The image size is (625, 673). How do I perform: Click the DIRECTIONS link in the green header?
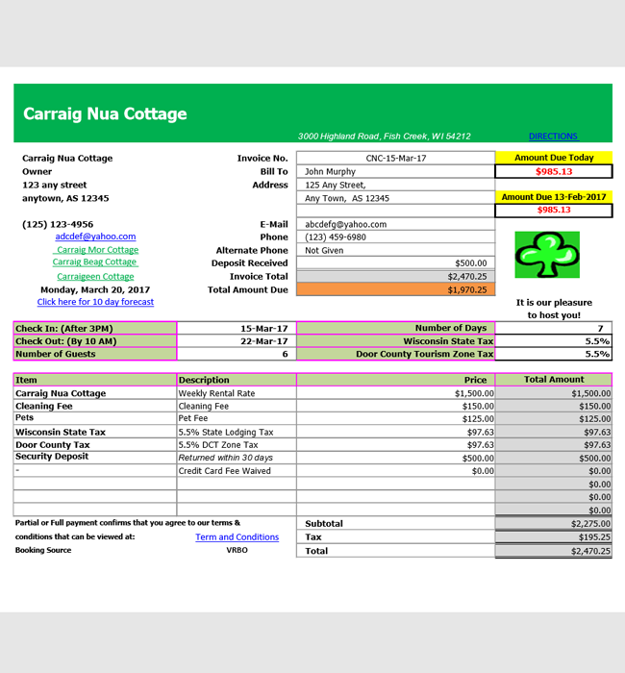coord(553,137)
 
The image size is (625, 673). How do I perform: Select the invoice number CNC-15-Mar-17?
coord(395,159)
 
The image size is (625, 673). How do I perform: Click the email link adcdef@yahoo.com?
coord(95,237)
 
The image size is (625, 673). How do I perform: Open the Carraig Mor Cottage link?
coord(97,250)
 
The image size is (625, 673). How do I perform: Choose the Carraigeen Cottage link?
coord(95,277)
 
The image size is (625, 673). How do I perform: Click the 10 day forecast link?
coord(95,302)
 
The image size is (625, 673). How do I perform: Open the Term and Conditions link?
coord(237,537)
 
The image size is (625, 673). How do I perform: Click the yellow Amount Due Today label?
coord(554,158)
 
